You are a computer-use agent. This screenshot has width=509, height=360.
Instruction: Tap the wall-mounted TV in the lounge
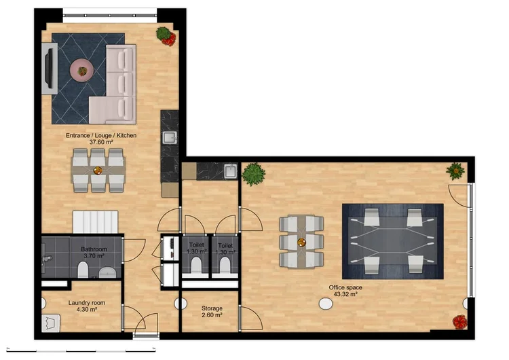pyautogui.click(x=49, y=67)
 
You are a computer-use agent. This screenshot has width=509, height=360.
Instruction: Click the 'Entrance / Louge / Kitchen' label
pyautogui.click(x=101, y=136)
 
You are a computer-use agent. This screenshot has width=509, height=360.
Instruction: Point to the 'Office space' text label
pyautogui.click(x=345, y=288)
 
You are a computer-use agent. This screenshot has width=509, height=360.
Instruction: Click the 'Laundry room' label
pyautogui.click(x=87, y=303)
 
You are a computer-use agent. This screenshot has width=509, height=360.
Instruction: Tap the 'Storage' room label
pyautogui.click(x=212, y=308)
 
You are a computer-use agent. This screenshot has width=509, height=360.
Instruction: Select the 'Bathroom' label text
pyautogui.click(x=94, y=249)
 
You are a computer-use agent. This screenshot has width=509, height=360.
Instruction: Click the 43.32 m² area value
pyautogui.click(x=345, y=295)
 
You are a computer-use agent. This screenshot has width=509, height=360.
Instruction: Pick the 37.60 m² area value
pyautogui.click(x=100, y=143)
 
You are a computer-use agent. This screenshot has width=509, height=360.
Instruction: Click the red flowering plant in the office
pyautogui.click(x=459, y=321)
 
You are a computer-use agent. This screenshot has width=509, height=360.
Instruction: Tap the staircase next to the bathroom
pyautogui.click(x=96, y=221)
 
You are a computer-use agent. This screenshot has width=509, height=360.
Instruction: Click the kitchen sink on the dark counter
pyautogui.click(x=169, y=139)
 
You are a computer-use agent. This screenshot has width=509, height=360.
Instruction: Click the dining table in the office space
pyautogui.click(x=301, y=241)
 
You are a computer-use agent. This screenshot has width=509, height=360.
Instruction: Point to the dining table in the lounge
pyautogui.click(x=98, y=169)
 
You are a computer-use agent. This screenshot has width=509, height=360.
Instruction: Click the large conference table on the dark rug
pyautogui.click(x=392, y=241)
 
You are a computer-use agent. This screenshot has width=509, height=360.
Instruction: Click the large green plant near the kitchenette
pyautogui.click(x=253, y=174)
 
